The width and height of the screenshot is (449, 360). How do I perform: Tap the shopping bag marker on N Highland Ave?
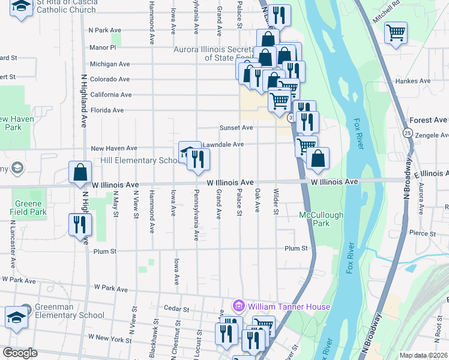tap(80, 173)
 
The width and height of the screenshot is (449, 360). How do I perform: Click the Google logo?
tap(20, 353)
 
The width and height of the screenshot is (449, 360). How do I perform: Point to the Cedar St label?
tap(176, 308)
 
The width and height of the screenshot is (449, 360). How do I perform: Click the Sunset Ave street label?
tap(236, 128)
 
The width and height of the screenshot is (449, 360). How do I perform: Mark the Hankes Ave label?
tap(412, 81)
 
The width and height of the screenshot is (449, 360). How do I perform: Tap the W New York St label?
tap(109, 340)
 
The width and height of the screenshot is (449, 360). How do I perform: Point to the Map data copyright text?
tap(424, 355)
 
